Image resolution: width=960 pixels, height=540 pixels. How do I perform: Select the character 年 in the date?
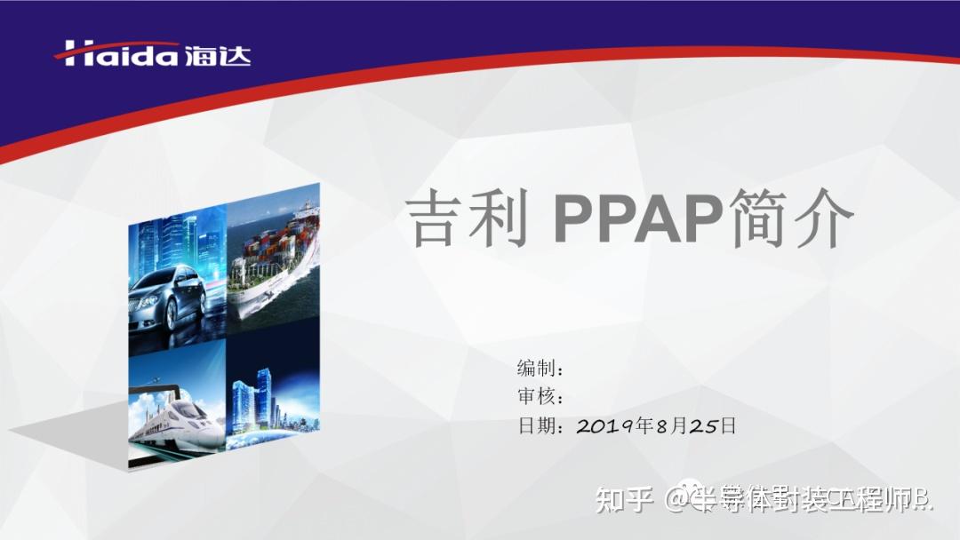tap(644, 426)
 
